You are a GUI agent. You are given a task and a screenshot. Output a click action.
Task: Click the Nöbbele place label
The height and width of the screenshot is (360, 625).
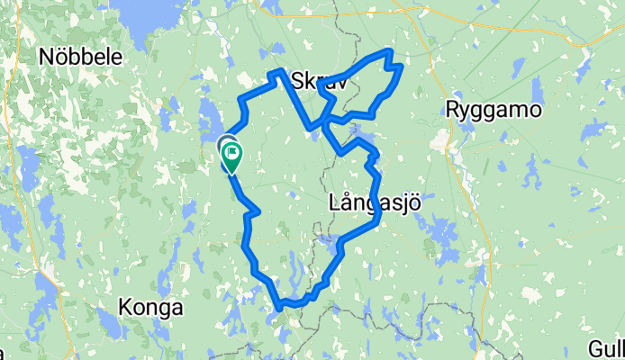[81, 56]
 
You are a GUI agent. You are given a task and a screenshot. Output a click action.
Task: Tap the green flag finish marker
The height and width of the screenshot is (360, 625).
[231, 159]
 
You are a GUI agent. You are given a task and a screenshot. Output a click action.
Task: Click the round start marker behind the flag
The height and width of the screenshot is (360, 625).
[226, 145]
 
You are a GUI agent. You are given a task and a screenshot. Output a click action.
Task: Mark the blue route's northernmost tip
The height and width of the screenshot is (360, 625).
[390, 50]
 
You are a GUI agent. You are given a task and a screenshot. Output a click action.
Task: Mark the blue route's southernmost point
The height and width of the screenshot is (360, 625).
[282, 307]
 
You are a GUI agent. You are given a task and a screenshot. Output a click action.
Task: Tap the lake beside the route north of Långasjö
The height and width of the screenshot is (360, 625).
[364, 141]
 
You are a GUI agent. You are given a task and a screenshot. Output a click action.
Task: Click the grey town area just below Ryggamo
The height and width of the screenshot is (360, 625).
[442, 139]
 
